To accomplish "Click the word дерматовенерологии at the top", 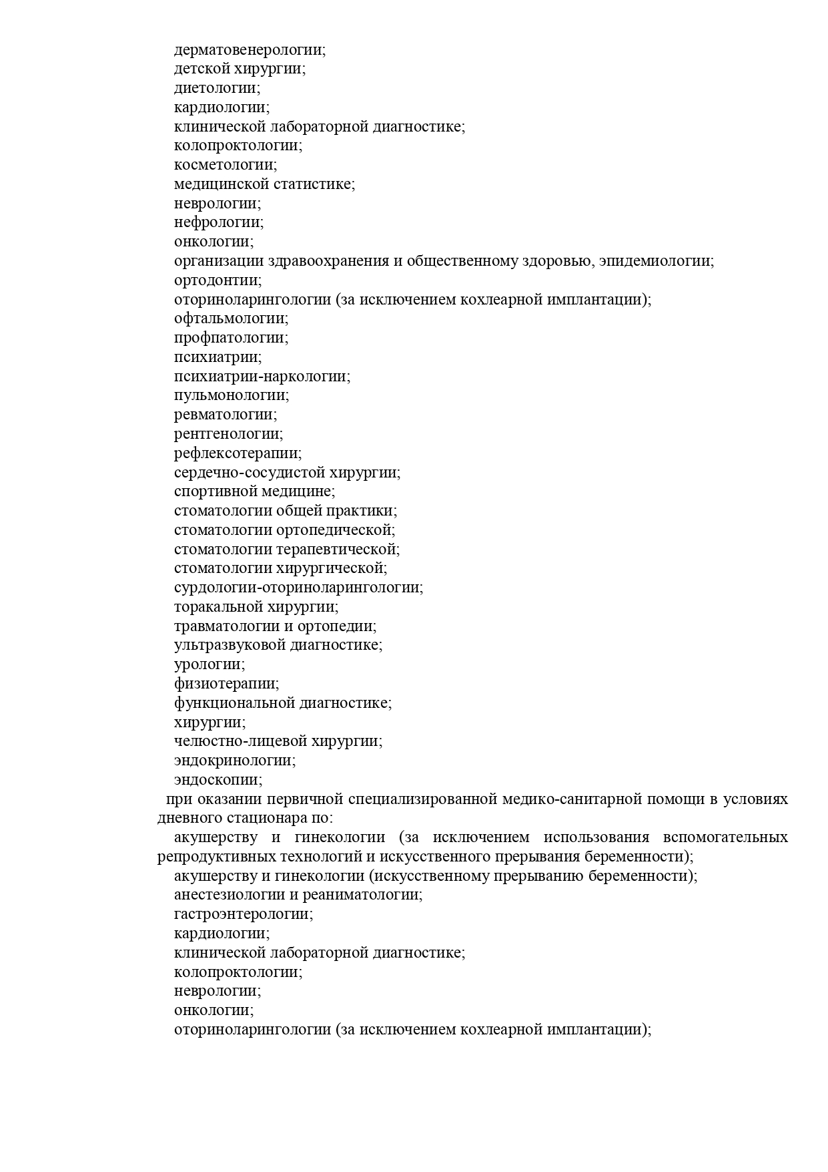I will [x=248, y=49].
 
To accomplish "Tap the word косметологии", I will [x=224, y=165].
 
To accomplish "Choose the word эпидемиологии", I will [x=655, y=261].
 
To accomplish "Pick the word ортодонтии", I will [x=216, y=280].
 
